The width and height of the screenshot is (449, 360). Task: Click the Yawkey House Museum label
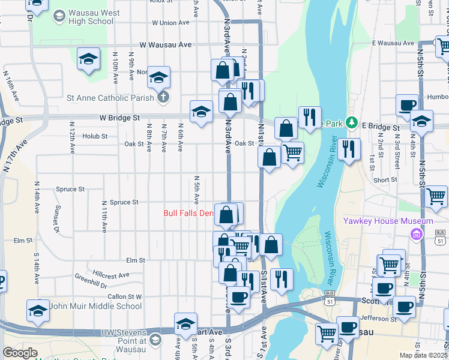coord(388,221)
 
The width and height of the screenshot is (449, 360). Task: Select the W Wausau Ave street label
coord(166,44)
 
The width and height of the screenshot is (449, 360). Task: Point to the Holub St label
coord(95,136)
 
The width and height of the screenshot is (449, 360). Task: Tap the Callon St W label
coord(124,296)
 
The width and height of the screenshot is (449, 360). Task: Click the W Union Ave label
coord(170,23)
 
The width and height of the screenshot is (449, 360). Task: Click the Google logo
coord(20,353)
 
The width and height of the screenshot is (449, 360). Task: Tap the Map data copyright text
coord(423,355)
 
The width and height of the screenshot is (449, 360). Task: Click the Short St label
coord(384,180)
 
